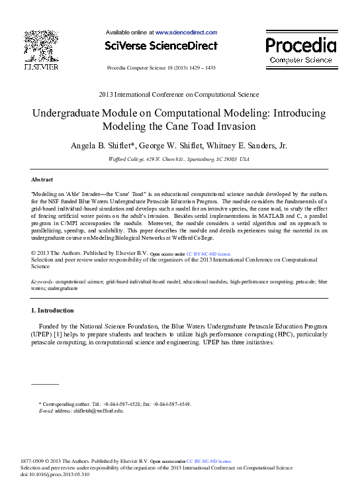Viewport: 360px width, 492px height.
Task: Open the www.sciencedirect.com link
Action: (x=186, y=32)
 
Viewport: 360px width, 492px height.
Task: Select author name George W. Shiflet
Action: (x=192, y=146)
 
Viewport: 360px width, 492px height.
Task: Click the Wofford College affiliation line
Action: (x=179, y=160)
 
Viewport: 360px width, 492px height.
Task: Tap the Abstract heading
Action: (x=42, y=179)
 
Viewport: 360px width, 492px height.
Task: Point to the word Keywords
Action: (x=43, y=282)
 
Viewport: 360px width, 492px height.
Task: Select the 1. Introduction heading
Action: (x=53, y=311)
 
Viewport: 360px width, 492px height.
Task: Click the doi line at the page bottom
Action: (x=66, y=474)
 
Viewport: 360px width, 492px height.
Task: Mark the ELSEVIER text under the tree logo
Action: (x=41, y=67)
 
